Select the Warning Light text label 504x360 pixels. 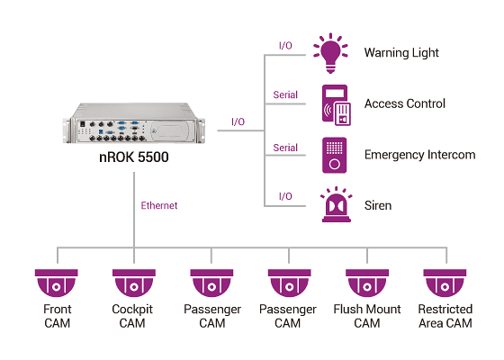point(401,53)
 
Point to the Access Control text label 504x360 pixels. point(404,104)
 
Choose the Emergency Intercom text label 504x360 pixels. point(419,155)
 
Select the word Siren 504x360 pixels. point(379,206)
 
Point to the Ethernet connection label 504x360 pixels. point(159,206)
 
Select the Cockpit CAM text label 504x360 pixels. point(133,316)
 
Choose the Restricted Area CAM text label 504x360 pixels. point(445,316)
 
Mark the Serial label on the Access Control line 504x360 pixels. point(285,94)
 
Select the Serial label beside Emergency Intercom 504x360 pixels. point(285,147)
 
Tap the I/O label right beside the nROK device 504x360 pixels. point(238,121)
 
